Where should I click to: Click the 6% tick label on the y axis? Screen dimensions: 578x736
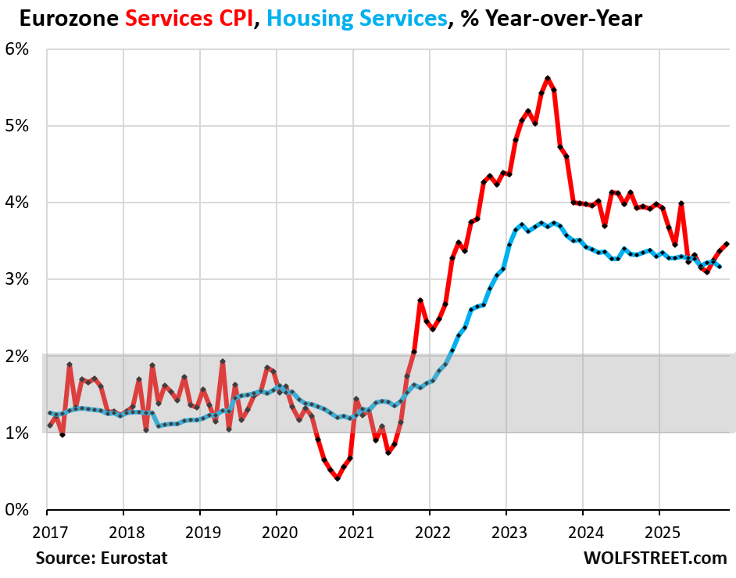point(17,49)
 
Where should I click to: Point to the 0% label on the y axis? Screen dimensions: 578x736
point(17,510)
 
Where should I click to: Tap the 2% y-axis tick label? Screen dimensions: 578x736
point(17,357)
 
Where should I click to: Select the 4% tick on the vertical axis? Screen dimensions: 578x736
point(17,203)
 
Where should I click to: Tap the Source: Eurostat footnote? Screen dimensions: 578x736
point(102,558)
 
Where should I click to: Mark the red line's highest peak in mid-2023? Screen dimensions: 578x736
point(548,78)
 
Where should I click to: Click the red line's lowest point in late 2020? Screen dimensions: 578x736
point(338,478)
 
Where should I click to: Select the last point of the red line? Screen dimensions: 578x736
point(727,244)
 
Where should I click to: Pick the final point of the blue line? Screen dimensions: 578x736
point(720,267)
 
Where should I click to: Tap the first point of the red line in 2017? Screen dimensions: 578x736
point(49,425)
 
